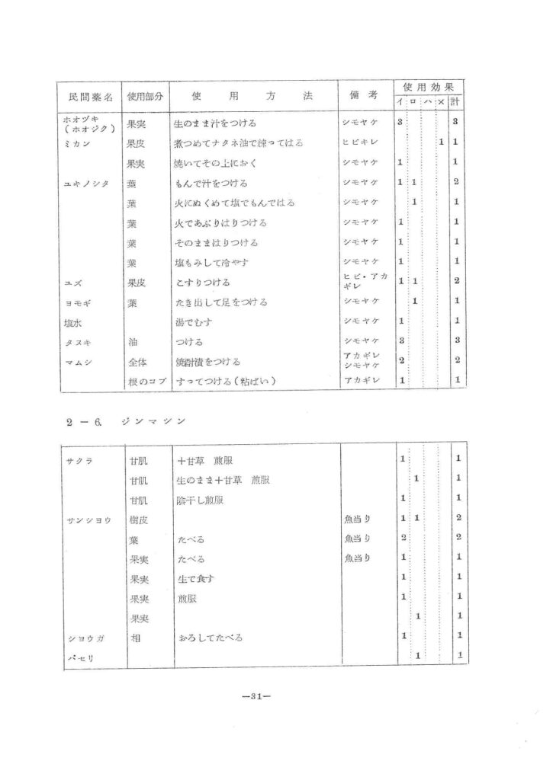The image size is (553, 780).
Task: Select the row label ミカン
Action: tap(77, 142)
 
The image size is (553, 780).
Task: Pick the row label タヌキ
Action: tap(78, 341)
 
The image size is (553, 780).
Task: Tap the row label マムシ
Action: tap(78, 361)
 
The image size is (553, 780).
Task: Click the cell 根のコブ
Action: tap(145, 381)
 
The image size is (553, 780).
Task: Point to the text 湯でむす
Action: tap(194, 321)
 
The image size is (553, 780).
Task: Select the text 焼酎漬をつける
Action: tap(207, 361)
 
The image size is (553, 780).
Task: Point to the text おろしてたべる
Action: tap(210, 637)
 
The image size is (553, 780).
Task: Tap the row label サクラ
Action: tap(79, 459)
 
